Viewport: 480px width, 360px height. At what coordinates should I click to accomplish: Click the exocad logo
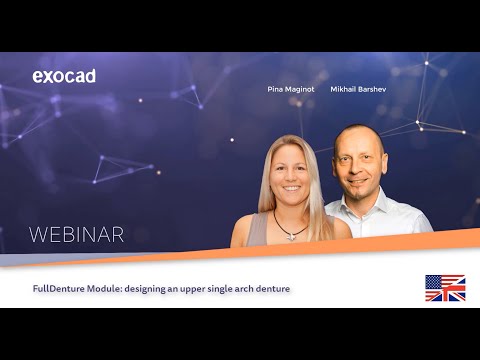point(64,76)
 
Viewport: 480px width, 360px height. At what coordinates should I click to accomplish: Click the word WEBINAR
point(77,235)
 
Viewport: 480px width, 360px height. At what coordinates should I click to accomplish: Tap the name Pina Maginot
point(290,89)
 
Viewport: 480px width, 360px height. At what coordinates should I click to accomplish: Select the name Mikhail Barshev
point(359,89)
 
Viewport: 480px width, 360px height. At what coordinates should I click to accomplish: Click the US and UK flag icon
point(444,288)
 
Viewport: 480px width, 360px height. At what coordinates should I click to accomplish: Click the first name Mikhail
point(345,89)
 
